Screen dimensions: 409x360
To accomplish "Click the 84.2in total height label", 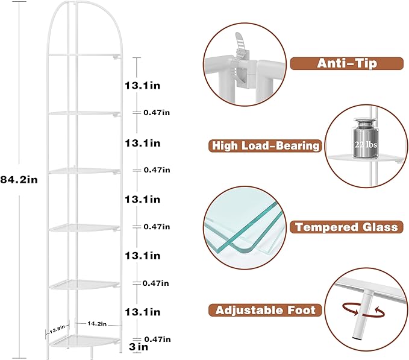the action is (19, 180).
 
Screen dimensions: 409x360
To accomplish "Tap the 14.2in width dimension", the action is (97, 324).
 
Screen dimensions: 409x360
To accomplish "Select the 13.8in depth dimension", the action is (57, 329).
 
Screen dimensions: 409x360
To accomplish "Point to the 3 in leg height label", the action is (139, 347).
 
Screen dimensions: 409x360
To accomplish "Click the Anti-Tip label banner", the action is (347, 63).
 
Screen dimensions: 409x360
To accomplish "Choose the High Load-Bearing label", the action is (265, 146).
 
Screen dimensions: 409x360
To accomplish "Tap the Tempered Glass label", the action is (347, 227).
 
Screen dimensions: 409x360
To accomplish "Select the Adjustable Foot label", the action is (265, 310).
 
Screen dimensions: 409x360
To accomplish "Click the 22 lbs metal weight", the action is (366, 137).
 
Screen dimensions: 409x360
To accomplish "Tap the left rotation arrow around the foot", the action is (351, 309).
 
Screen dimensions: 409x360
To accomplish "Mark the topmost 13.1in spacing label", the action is (142, 86).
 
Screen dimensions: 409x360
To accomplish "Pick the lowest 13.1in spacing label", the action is (142, 312).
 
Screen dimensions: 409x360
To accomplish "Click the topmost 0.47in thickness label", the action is (157, 113).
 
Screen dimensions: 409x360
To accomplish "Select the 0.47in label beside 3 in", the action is (157, 339).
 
